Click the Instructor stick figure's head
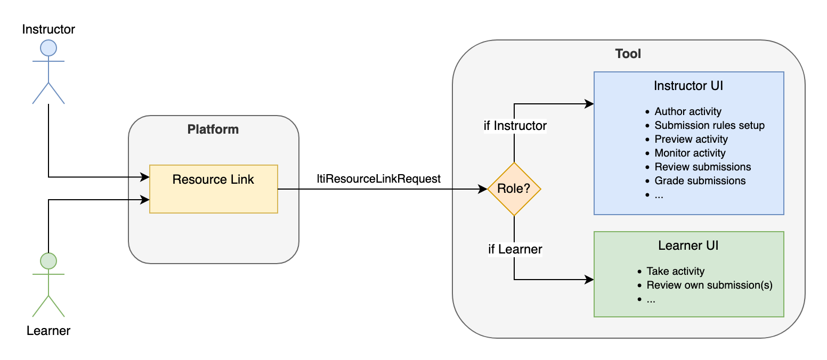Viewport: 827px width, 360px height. point(48,48)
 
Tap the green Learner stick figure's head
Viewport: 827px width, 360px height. point(48,261)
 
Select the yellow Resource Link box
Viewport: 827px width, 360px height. point(213,189)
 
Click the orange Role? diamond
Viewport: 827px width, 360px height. point(514,189)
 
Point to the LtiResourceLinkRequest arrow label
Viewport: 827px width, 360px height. point(378,179)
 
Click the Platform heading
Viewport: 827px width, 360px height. point(213,129)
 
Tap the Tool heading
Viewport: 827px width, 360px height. point(628,54)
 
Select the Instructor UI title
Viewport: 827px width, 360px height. point(688,86)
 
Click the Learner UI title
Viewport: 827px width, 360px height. point(688,246)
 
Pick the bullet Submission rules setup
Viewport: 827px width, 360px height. point(709,126)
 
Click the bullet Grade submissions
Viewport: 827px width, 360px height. point(700,181)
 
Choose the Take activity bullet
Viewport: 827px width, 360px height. point(675,272)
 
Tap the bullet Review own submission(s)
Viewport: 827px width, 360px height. point(709,285)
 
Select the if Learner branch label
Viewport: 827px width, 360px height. point(515,249)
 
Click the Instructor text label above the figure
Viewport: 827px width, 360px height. point(48,29)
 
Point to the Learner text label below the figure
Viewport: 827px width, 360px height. point(48,331)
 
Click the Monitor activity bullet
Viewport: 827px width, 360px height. point(690,153)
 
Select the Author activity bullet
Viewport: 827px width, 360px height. point(687,112)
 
